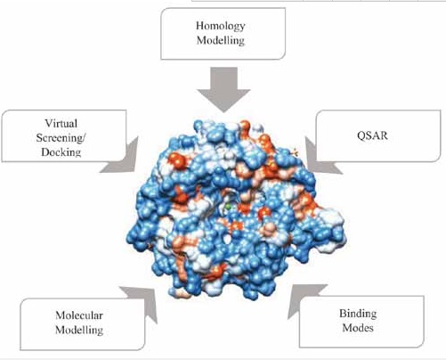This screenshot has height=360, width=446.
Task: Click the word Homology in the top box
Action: pyautogui.click(x=221, y=27)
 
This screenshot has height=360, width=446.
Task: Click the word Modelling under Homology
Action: pyautogui.click(x=221, y=40)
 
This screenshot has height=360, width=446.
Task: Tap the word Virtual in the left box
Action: pyautogui.click(x=61, y=123)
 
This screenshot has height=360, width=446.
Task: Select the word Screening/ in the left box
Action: pyautogui.click(x=61, y=138)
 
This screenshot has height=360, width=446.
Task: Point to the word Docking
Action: pyautogui.click(x=61, y=152)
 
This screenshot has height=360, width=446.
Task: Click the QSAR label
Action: pyautogui.click(x=372, y=135)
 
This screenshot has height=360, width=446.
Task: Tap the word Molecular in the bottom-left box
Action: pyautogui.click(x=79, y=315)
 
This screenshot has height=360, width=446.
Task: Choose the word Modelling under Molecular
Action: pyautogui.click(x=79, y=330)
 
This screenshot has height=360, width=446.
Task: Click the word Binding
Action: pyautogui.click(x=358, y=314)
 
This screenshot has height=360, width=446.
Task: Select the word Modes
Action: pyautogui.click(x=358, y=328)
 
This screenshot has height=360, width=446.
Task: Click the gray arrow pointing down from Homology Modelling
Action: pyautogui.click(x=223, y=89)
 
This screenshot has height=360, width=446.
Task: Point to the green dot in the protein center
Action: pyautogui.click(x=228, y=207)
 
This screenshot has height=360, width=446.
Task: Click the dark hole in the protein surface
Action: pyautogui.click(x=228, y=239)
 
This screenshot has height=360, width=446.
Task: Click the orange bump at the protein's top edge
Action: pyautogui.click(x=245, y=126)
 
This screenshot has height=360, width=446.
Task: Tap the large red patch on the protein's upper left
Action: pyautogui.click(x=176, y=162)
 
